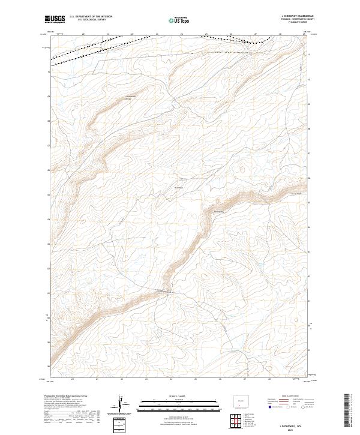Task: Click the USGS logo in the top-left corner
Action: (55, 20)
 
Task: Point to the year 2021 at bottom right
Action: (287, 429)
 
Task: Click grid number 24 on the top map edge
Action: (182, 34)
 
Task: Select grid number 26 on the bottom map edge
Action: (220, 379)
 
